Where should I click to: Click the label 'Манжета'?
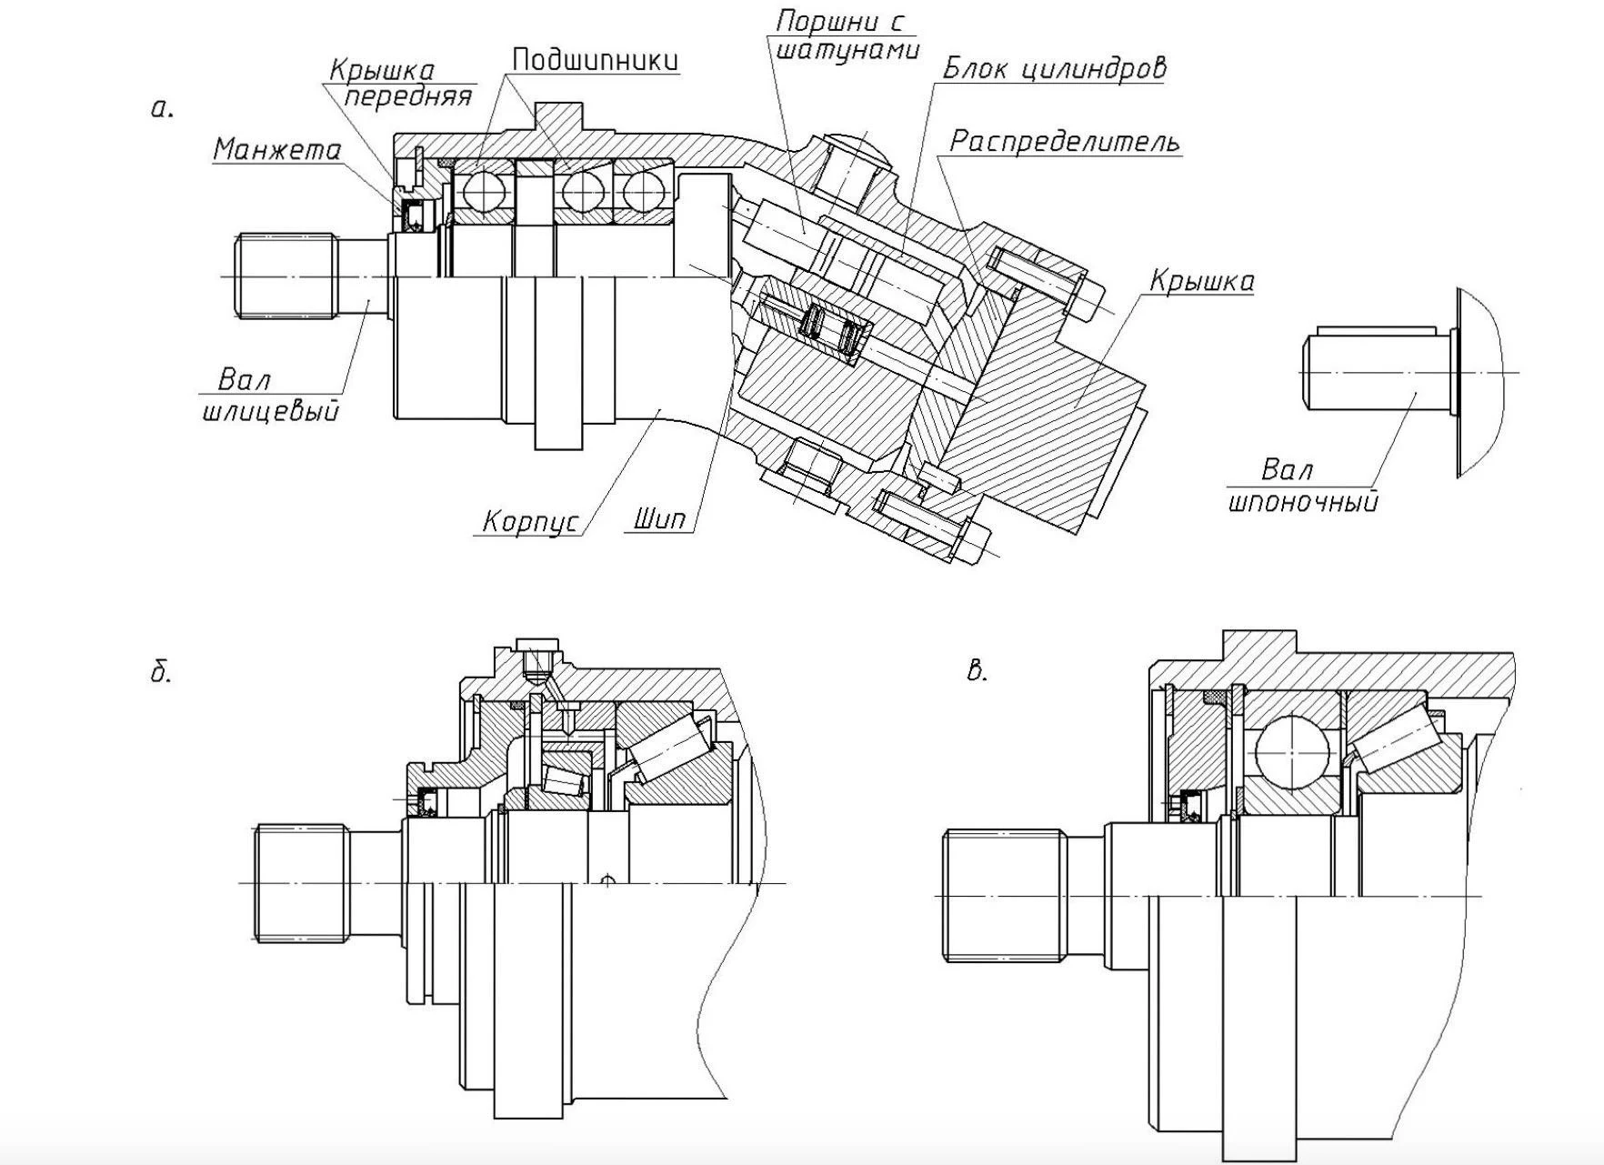pos(276,149)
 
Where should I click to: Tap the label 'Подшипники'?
pos(595,59)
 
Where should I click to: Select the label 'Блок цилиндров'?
pos(1054,68)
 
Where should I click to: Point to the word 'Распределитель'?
pos(1065,142)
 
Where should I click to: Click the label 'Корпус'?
pos(530,521)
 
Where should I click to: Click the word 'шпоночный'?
pos(1303,501)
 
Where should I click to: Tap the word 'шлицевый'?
pos(270,411)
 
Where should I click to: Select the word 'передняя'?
pos(408,95)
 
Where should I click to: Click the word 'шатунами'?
pos(847,50)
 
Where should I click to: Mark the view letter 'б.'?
pos(160,673)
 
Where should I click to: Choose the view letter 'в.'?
pos(977,671)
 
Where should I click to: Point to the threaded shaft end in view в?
pos(1004,895)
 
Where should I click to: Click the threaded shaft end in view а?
pos(285,276)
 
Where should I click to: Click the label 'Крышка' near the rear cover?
pos(1201,281)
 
